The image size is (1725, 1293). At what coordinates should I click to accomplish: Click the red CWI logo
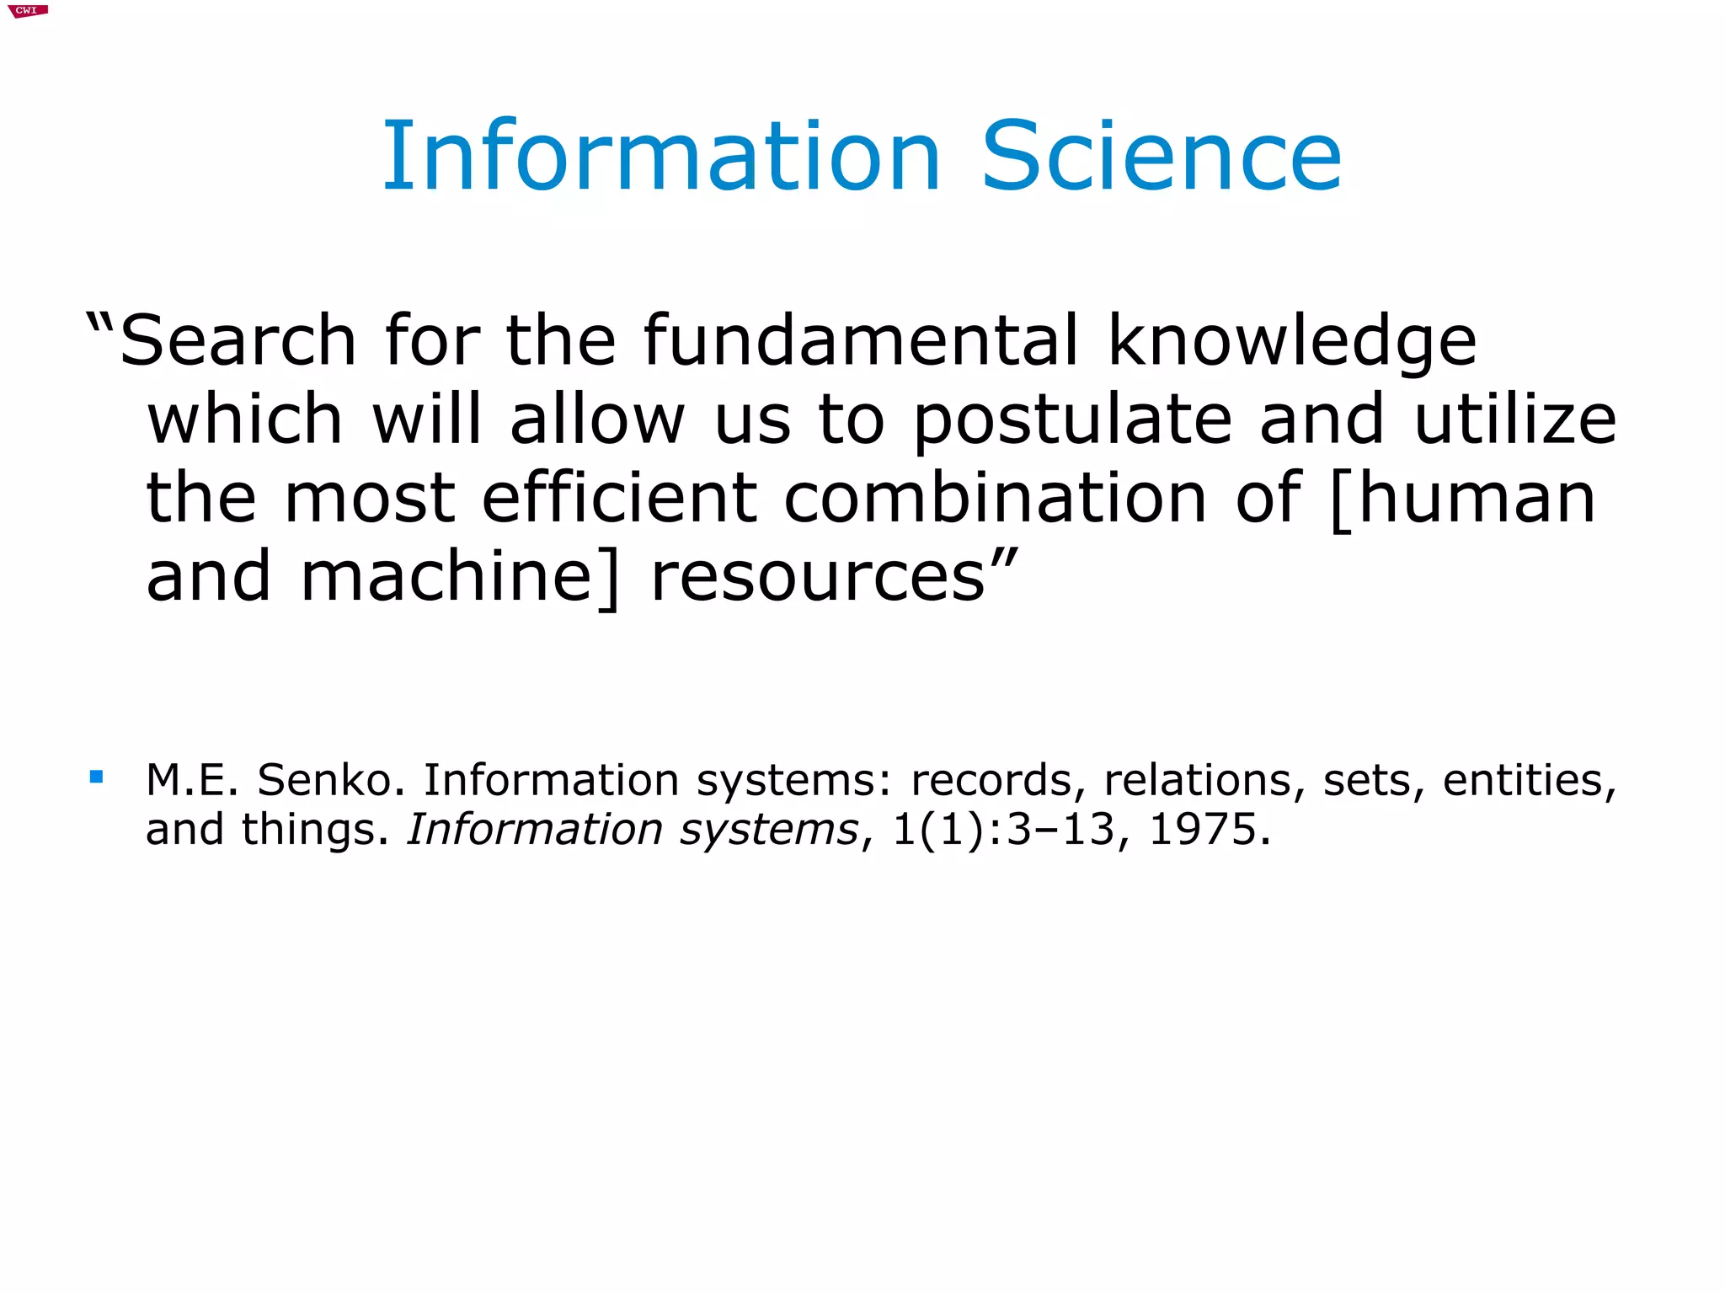pos(27,11)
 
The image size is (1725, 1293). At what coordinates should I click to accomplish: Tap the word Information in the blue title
pos(661,157)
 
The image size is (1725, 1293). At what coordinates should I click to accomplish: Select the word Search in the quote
pos(238,340)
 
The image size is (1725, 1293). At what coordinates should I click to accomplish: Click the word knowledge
pos(1292,340)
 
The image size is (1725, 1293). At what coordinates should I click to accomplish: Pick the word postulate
pos(1072,419)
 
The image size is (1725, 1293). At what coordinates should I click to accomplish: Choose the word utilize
pos(1515,419)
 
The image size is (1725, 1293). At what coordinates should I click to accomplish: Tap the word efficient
pos(619,498)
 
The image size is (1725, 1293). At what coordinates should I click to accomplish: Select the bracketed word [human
pos(1462,500)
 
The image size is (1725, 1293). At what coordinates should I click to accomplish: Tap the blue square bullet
pos(96,777)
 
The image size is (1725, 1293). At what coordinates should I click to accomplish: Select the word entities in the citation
pos(1529,780)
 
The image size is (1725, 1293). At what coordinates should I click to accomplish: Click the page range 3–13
pos(1060,830)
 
